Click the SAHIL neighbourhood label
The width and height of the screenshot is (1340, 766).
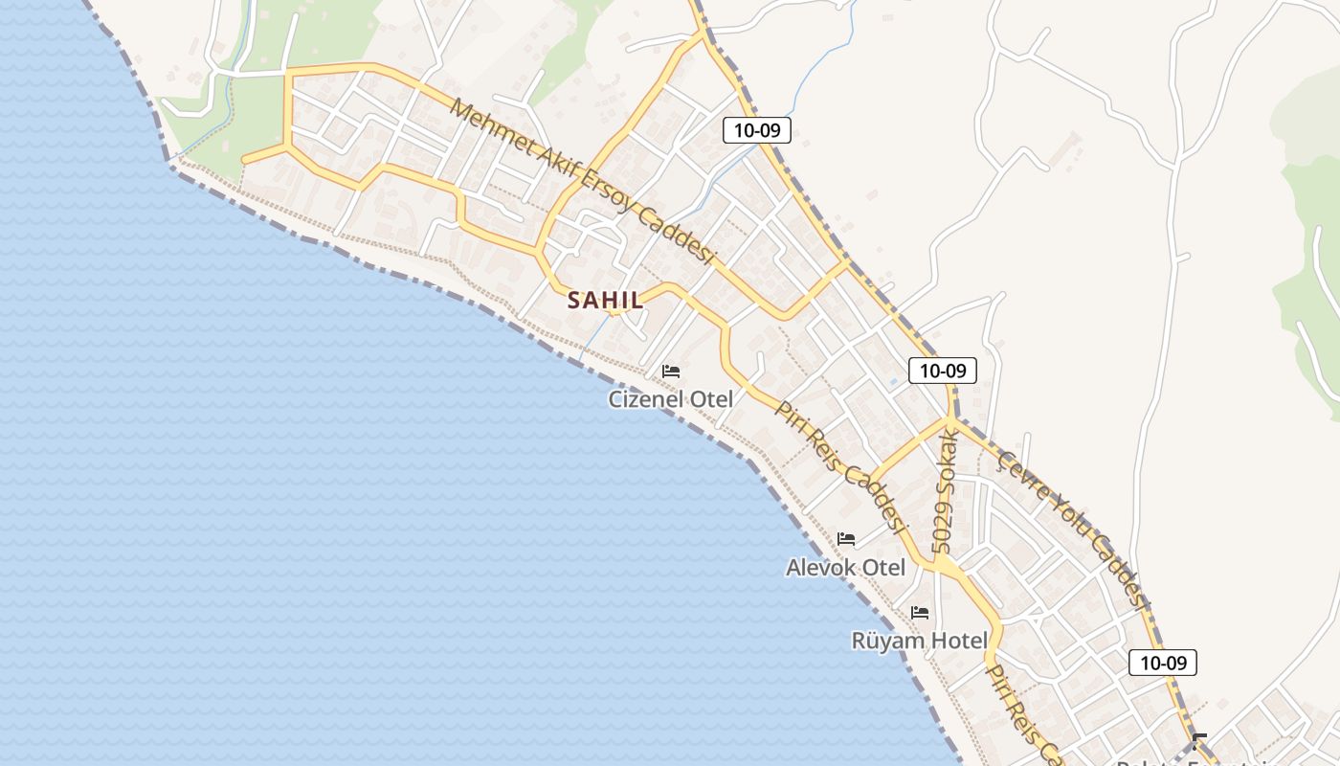click(x=605, y=300)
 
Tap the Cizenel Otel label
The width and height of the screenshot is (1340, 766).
click(x=670, y=399)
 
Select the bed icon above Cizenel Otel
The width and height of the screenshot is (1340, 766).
click(x=671, y=372)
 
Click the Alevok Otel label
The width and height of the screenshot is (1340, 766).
click(x=845, y=567)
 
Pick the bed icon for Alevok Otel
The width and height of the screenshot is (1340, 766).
click(x=846, y=539)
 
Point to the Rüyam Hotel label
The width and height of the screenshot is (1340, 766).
click(x=918, y=640)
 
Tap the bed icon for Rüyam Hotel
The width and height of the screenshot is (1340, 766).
click(x=920, y=613)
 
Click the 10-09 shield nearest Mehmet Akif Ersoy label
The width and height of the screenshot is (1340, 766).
click(x=757, y=130)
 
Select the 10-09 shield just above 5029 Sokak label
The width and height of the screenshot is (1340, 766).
click(x=943, y=371)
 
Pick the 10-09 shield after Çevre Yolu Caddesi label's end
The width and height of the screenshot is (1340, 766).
click(x=1163, y=662)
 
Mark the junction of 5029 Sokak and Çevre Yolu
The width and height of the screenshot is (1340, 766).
click(x=951, y=418)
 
